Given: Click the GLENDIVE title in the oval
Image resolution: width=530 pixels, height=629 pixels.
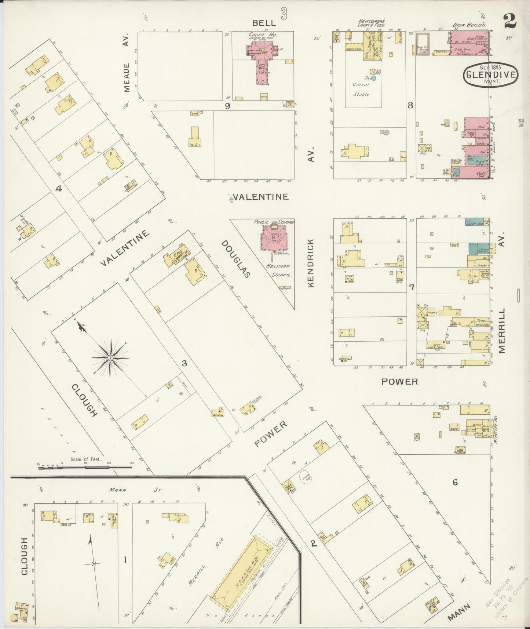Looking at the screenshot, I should (x=490, y=74).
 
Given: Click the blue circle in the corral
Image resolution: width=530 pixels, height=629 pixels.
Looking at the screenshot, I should (x=374, y=78).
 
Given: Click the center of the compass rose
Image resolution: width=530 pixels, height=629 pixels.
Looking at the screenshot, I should (x=110, y=357).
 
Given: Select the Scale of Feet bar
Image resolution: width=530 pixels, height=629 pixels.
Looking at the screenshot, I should (x=85, y=468).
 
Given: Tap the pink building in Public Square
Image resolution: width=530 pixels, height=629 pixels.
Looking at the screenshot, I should (x=274, y=238).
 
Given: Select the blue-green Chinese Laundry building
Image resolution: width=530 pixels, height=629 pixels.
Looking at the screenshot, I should (x=478, y=249).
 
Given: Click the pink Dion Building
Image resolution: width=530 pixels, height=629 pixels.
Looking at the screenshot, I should (x=469, y=43).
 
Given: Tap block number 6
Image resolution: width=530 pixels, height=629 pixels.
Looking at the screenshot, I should (x=455, y=482).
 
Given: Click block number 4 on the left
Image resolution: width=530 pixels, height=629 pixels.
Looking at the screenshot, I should (x=58, y=189).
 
